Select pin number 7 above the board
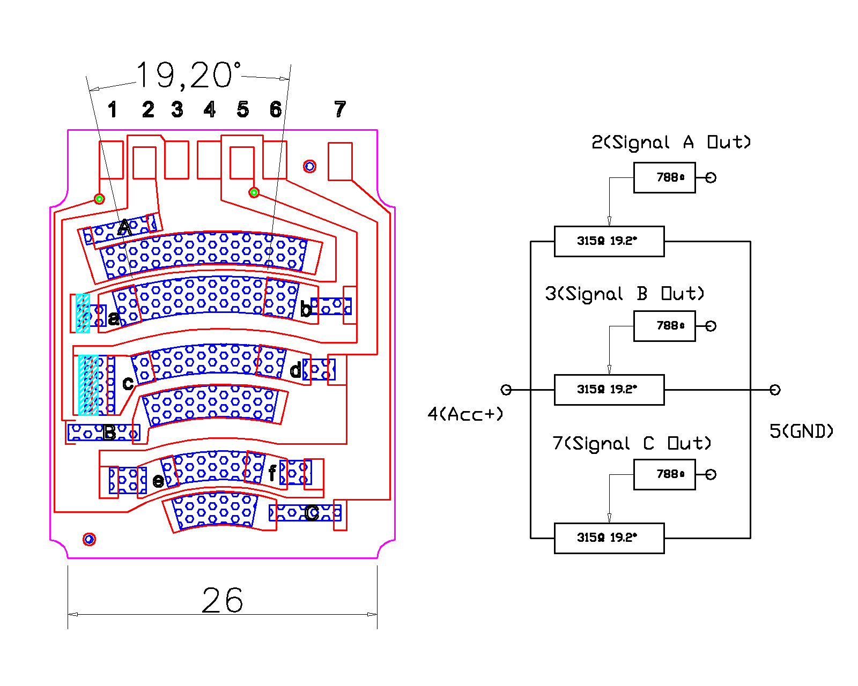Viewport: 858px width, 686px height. point(340,109)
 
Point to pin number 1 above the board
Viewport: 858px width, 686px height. point(112,110)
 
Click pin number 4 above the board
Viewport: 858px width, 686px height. point(210,110)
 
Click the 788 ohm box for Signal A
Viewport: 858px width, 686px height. point(664,177)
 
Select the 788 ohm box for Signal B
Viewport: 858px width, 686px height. point(664,326)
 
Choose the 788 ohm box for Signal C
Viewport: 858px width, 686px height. point(664,474)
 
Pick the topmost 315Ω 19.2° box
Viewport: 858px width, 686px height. point(609,241)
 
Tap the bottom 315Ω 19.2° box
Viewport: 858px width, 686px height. point(609,538)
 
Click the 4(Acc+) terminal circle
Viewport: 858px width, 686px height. point(506,390)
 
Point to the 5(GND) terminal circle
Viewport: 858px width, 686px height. point(775,390)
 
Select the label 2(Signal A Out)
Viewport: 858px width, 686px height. point(671,143)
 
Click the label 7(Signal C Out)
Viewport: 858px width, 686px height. point(632,444)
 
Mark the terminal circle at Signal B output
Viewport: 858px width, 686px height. point(711,326)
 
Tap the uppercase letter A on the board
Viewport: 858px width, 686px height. point(124,228)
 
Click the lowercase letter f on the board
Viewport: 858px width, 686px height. point(272,473)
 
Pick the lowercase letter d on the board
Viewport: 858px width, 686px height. point(295,370)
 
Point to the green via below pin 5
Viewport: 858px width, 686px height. point(254,192)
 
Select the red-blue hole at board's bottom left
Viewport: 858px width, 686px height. point(90,539)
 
